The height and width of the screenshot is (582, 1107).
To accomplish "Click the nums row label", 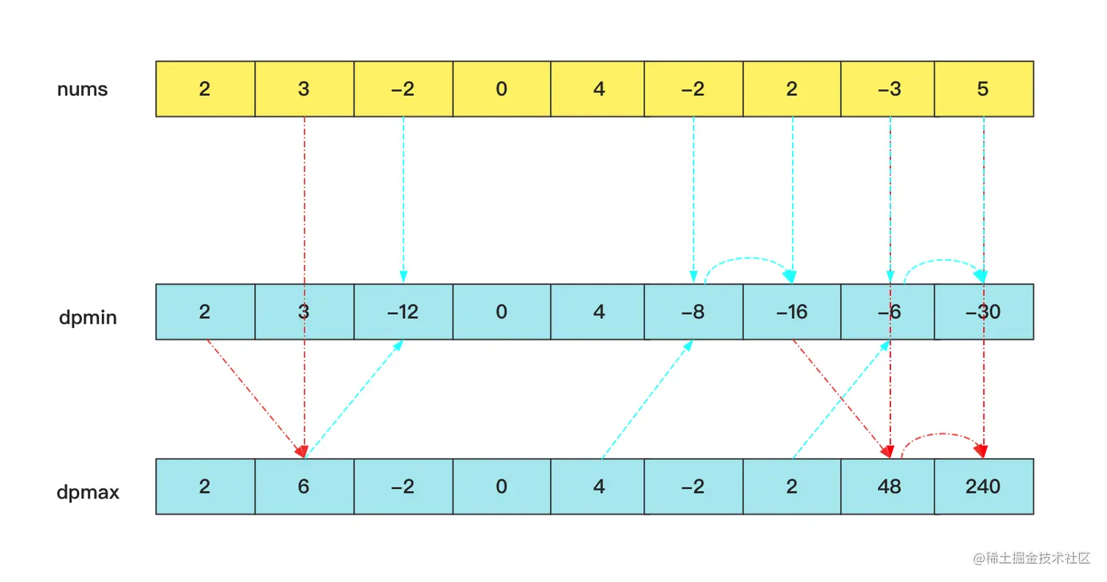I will (x=82, y=89).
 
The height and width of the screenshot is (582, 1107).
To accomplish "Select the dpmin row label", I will (x=88, y=318).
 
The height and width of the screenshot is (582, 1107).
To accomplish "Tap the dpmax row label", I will (x=88, y=492).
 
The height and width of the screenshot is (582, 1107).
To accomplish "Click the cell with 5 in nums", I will (x=983, y=89).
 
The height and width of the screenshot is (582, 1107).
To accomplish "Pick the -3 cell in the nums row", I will (x=889, y=89).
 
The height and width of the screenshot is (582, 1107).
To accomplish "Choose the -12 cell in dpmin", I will (x=403, y=313).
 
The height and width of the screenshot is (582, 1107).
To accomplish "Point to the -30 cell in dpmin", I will (x=983, y=313).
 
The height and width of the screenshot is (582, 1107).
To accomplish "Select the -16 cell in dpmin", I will (x=792, y=313).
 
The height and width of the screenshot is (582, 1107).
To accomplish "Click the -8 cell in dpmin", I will (x=693, y=313).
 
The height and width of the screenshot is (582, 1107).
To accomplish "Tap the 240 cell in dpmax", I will (x=983, y=487).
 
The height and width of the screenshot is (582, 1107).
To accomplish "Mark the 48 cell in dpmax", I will (x=889, y=487).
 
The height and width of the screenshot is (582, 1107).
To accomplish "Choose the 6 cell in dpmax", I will (x=304, y=487).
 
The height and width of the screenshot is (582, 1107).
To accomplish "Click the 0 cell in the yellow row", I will (x=502, y=89).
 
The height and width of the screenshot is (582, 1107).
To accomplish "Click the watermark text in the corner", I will (x=1032, y=559).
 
